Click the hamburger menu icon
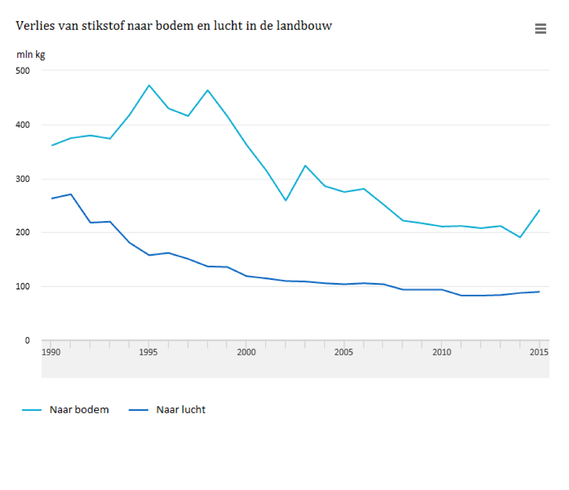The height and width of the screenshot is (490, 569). click(x=540, y=28)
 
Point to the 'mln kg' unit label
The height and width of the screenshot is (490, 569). click(x=30, y=55)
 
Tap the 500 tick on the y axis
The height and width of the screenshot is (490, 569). click(x=22, y=70)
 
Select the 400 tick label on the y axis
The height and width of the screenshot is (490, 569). click(x=22, y=125)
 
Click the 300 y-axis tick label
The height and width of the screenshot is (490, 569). click(x=22, y=179)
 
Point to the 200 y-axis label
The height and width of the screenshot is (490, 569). click(x=22, y=232)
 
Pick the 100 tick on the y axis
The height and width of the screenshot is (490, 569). click(x=22, y=287)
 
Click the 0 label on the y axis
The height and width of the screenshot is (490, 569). click(x=27, y=340)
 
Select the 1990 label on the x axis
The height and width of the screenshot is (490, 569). click(x=51, y=352)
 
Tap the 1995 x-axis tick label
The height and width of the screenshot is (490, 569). click(x=148, y=352)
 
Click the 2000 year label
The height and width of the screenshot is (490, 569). click(x=246, y=352)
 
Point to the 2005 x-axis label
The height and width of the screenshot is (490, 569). click(x=344, y=352)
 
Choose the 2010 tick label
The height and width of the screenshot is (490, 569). click(x=441, y=352)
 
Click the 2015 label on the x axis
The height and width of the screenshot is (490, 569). click(x=539, y=352)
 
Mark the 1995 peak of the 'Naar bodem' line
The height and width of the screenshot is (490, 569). click(x=149, y=85)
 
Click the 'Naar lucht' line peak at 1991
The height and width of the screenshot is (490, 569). click(x=71, y=194)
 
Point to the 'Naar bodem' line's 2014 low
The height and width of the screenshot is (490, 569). click(x=520, y=237)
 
